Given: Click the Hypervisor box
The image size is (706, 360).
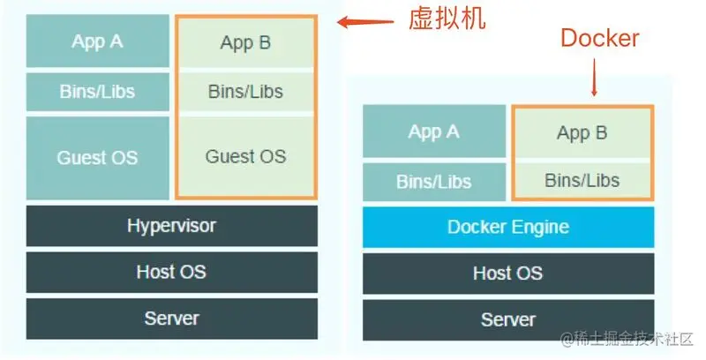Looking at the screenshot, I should tap(171, 225).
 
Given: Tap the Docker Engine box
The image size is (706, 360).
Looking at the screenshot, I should tap(508, 227).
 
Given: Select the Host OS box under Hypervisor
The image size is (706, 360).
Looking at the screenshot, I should tap(171, 272).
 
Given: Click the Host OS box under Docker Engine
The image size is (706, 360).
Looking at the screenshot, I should tap(508, 273).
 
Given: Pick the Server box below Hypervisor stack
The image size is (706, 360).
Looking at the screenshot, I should tap(171, 319).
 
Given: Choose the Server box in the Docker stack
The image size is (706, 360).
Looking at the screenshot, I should tap(508, 319).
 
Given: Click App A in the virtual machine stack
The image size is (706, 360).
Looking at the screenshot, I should tap(97, 41).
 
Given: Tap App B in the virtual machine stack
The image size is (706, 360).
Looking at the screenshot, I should tap(245, 42).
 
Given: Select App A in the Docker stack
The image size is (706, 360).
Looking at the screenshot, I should tap(433, 132).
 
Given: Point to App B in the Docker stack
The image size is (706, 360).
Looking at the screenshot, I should tap(582, 133).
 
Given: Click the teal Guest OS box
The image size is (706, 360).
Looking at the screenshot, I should tap(97, 158).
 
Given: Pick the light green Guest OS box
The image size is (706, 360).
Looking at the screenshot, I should tap(245, 157).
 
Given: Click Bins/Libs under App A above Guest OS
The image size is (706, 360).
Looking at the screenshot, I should tap(97, 91).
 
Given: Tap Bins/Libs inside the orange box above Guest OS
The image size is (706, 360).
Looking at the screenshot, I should tap(245, 91).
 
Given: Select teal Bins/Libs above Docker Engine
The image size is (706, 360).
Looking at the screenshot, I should tap(433, 182).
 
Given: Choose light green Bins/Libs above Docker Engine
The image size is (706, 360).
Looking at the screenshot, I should tap(582, 181).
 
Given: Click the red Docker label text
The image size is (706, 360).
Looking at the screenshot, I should tap(600, 38).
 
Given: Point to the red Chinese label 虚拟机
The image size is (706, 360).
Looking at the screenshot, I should tap(447, 19).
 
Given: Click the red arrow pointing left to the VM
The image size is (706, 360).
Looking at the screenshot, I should tap(363, 22).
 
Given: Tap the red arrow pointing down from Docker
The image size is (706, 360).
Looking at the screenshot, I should tap(594, 78).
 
